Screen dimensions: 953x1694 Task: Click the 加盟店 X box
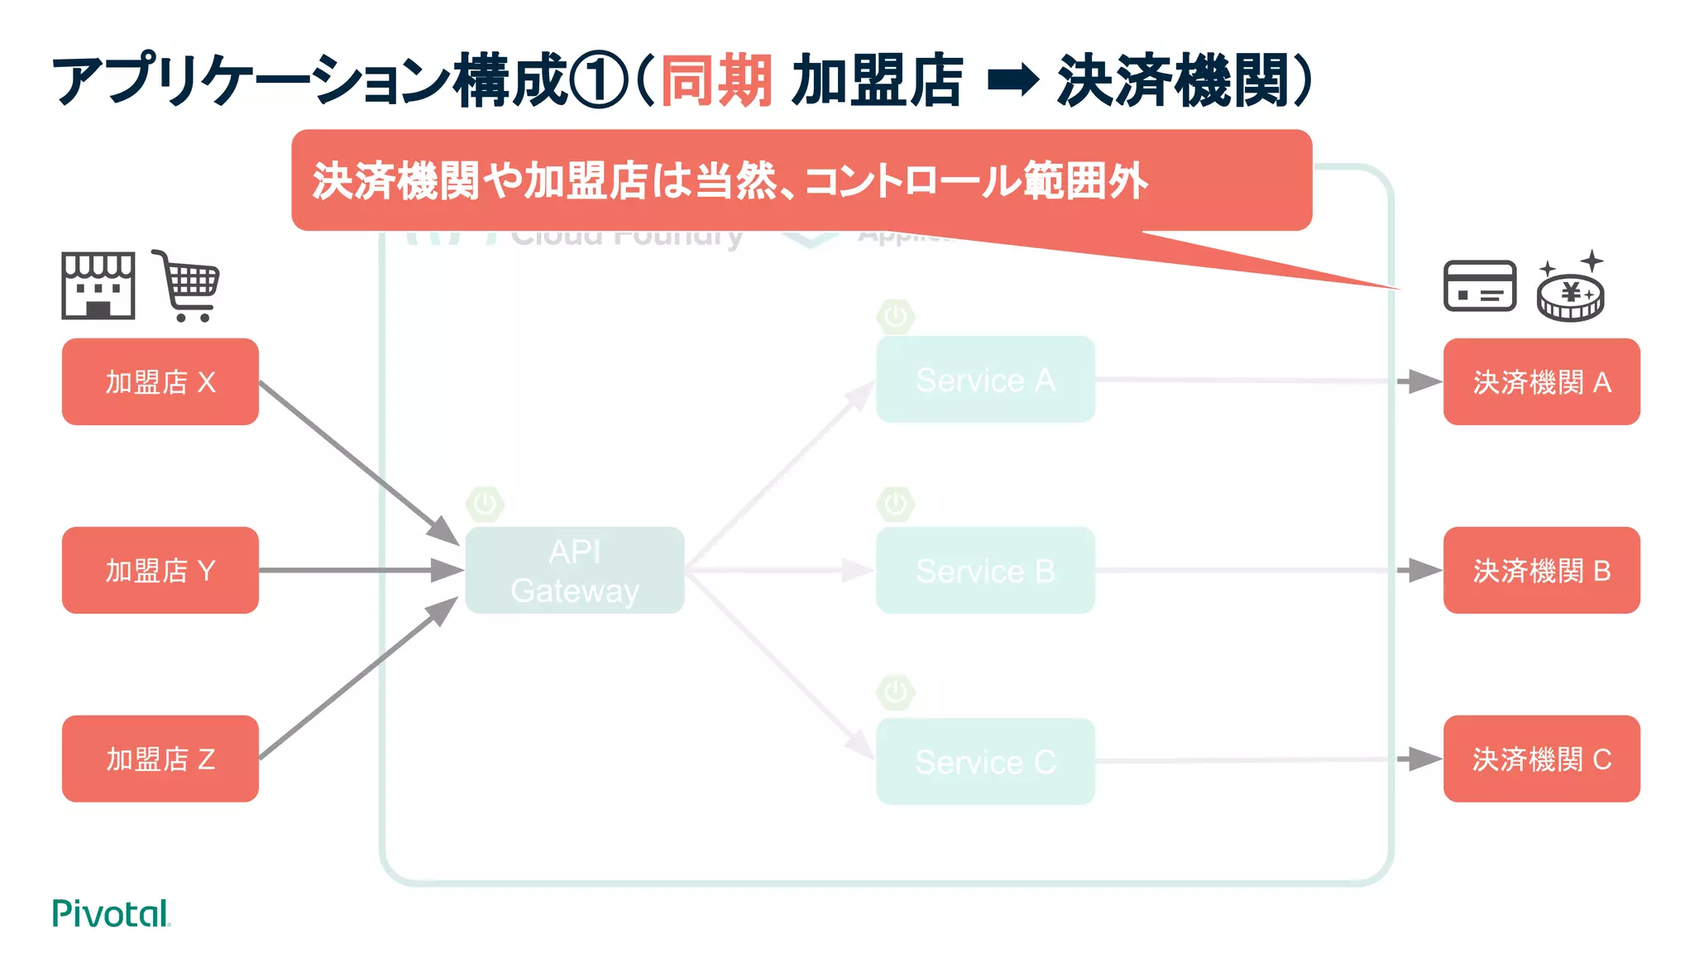(160, 381)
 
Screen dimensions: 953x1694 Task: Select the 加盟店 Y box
(160, 570)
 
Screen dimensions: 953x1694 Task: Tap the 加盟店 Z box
(160, 759)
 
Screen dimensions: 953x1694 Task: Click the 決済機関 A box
(1541, 381)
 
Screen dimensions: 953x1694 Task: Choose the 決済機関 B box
(1541, 570)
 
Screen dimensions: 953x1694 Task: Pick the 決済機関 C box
(1541, 759)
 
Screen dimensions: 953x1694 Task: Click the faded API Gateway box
(574, 570)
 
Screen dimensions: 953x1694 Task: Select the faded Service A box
(985, 380)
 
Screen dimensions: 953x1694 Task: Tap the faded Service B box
(985, 570)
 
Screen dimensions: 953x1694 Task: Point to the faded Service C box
(985, 761)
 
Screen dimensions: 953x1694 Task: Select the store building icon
(98, 286)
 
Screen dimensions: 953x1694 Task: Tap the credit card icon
(1479, 286)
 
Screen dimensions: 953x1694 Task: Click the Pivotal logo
(111, 913)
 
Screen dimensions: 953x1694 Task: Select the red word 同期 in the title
(716, 81)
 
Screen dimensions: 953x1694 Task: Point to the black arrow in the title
(1012, 81)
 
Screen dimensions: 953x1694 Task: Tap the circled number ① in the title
(601, 81)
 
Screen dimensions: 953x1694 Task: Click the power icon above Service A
(895, 317)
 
